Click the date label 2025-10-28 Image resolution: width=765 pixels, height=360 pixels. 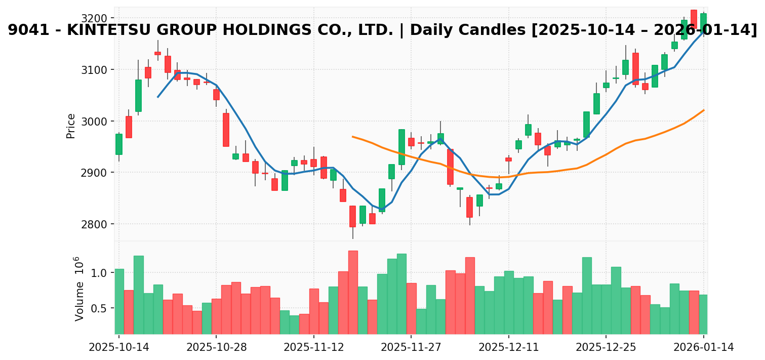(216, 347)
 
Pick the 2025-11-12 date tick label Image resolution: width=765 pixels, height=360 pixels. (313, 347)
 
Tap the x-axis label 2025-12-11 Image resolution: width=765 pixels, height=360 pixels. (508, 347)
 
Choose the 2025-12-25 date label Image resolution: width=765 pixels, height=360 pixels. (606, 347)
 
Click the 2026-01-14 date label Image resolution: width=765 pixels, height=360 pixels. (703, 347)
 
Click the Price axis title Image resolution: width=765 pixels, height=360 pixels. (71, 126)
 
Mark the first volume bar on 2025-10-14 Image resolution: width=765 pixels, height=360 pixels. (119, 301)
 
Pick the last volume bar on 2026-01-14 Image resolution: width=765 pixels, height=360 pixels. (703, 314)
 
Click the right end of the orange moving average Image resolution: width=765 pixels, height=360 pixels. (704, 110)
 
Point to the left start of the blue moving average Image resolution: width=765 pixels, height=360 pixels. (158, 97)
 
